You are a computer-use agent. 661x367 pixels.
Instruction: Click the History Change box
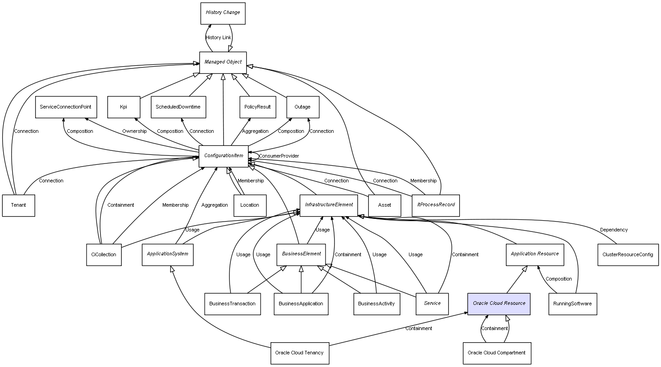223,13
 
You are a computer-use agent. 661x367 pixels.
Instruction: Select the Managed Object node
223,62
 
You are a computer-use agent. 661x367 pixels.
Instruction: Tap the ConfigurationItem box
223,156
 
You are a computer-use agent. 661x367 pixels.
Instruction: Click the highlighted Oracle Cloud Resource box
499,304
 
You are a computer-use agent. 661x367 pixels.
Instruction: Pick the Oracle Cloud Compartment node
496,353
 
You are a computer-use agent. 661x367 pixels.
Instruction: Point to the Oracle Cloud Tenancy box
299,353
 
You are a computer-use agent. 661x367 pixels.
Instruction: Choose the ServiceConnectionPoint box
65,107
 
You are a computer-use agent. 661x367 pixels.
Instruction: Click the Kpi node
124,107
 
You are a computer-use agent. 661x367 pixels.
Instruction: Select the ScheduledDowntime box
178,107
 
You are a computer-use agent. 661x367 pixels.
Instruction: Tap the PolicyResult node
257,107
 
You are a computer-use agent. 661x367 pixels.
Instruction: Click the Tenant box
18,205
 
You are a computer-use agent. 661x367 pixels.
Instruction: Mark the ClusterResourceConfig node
628,255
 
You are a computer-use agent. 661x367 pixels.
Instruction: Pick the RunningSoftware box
573,304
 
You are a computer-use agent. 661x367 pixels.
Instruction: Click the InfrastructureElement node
329,205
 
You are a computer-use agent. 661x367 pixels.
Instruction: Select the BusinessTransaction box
232,304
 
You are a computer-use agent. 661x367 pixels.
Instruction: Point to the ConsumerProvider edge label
279,156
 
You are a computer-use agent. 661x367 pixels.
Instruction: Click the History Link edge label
218,38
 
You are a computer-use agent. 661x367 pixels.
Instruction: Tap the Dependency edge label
614,230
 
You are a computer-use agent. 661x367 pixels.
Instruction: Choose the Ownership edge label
134,131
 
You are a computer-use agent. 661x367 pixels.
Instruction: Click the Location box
250,205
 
